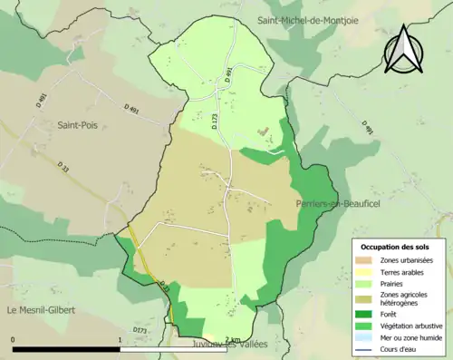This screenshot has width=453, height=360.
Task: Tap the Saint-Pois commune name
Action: pos(78,124)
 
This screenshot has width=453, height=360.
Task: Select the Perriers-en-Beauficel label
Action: pos(335,205)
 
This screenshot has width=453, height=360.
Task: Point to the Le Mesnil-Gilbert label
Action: pos(41,311)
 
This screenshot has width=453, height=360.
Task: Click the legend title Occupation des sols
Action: pos(396,247)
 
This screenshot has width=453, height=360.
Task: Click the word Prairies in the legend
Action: pos(395,283)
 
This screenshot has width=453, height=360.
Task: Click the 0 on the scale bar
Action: pos(13,340)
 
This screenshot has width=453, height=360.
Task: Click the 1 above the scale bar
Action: pos(120,340)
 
